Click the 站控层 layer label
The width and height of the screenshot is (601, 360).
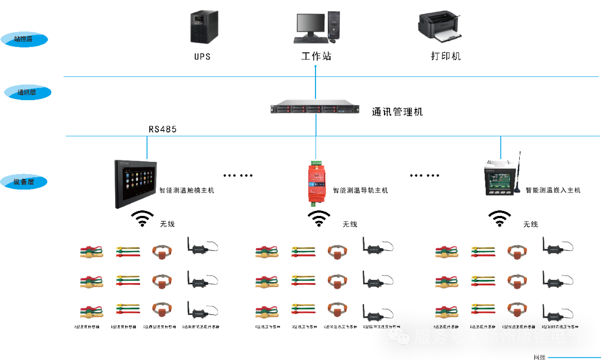pyautogui.click(x=24, y=40)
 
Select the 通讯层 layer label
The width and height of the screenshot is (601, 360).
pyautogui.click(x=27, y=92)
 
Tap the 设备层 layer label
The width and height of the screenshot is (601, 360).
pyautogui.click(x=24, y=182)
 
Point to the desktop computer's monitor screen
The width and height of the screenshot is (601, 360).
pyautogui.click(x=310, y=24)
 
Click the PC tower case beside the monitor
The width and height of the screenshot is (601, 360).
pyautogui.click(x=333, y=25)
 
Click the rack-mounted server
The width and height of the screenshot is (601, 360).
pyautogui.click(x=316, y=107)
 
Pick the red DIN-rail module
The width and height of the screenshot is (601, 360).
pyautogui.click(x=316, y=183)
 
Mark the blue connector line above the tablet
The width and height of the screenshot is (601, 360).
pyautogui.click(x=147, y=147)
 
